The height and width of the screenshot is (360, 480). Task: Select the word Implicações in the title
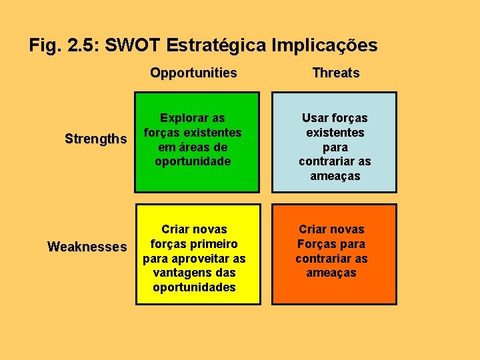pos(323,45)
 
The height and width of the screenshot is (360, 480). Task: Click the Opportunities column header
pos(193,73)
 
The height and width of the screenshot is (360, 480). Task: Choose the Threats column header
pos(336,73)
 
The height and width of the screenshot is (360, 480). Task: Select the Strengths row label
pos(95,139)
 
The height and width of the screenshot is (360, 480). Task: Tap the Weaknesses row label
pos(87,247)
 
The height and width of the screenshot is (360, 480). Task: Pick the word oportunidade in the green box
pos(193,161)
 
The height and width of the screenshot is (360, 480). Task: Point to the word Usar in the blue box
pos(315,118)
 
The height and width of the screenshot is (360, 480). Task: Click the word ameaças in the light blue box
pos(335,176)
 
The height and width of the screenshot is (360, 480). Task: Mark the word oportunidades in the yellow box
pos(194,287)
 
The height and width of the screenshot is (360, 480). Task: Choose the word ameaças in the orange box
pos(331,273)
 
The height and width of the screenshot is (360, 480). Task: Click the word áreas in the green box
pos(191,147)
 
